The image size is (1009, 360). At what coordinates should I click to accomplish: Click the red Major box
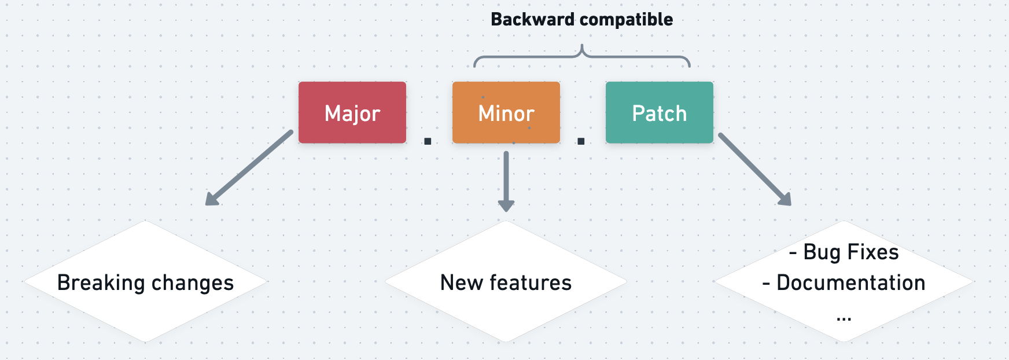point(352,112)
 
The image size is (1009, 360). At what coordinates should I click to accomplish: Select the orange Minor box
point(506,112)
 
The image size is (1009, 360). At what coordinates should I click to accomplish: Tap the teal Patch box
point(659,112)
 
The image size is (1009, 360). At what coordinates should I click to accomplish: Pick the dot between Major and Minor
point(428,141)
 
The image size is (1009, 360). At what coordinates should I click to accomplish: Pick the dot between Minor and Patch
point(581,141)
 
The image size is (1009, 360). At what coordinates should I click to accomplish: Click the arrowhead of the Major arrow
point(211,199)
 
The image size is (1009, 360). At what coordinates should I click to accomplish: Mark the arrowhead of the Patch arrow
point(786,200)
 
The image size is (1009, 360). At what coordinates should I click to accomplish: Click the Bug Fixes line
point(844,252)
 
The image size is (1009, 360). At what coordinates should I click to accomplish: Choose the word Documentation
point(850,283)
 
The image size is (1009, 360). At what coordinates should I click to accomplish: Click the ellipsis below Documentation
point(844,318)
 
